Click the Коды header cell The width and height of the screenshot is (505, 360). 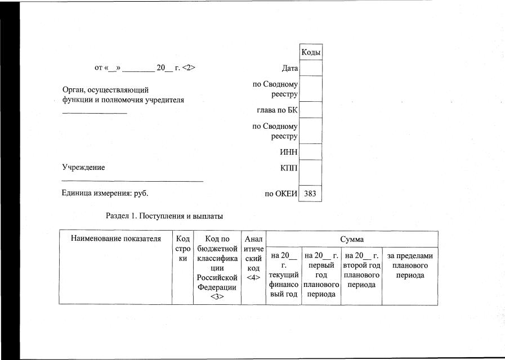(311, 52)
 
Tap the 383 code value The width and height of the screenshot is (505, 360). (311, 193)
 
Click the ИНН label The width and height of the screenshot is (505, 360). (289, 152)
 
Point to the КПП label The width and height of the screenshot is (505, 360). (289, 167)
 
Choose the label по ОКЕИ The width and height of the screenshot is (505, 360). (281, 194)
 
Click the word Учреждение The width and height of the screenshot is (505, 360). (83, 167)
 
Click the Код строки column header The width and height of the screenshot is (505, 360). (182, 248)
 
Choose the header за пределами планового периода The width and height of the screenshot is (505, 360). (410, 265)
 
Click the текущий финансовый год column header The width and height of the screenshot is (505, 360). (284, 275)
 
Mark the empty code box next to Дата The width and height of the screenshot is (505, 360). (311, 68)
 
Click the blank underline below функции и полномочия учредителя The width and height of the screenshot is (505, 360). (94, 114)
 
